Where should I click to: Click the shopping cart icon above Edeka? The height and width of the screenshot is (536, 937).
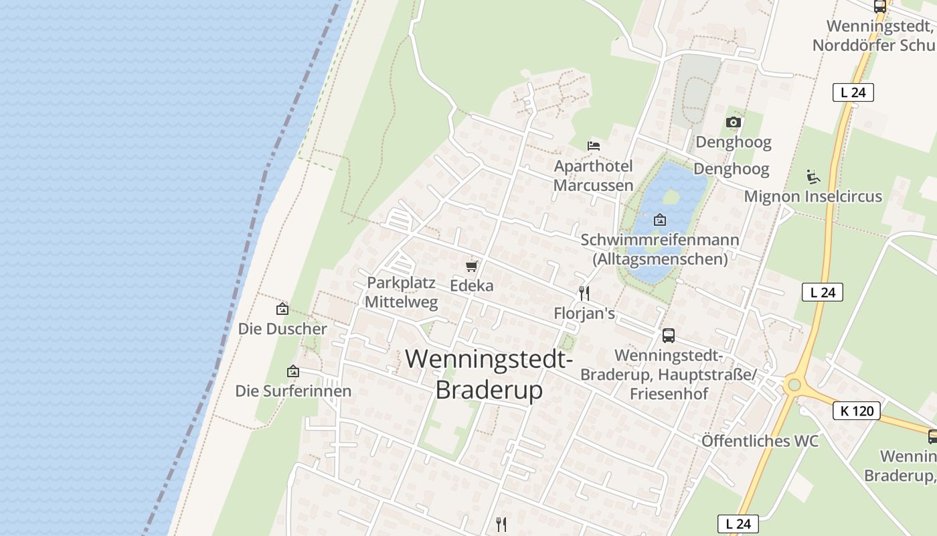click(x=472, y=266)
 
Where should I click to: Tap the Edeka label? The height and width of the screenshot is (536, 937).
click(x=472, y=285)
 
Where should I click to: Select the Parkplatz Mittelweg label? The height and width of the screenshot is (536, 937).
click(x=402, y=292)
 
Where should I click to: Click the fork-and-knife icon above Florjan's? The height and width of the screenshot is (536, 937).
click(x=584, y=293)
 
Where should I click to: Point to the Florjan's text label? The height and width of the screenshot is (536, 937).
click(x=584, y=314)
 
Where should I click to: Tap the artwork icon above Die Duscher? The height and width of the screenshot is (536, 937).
click(x=282, y=309)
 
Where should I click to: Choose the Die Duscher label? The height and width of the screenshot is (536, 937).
click(x=282, y=329)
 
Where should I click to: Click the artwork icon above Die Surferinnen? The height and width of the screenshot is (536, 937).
click(x=292, y=371)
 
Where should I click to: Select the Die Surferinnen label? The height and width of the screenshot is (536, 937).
click(x=293, y=391)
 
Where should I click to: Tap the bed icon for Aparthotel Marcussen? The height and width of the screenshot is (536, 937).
click(x=593, y=145)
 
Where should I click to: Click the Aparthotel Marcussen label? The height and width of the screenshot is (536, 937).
click(x=593, y=176)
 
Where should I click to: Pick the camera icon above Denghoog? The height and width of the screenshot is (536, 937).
click(x=734, y=122)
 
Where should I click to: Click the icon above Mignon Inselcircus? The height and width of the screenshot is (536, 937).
click(x=813, y=177)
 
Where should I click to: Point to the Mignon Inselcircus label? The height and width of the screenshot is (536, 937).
click(x=813, y=197)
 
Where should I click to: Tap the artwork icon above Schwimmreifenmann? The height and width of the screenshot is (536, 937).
click(x=660, y=219)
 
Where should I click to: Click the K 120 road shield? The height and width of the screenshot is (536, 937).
click(x=856, y=411)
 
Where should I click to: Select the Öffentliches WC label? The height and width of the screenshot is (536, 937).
click(x=760, y=441)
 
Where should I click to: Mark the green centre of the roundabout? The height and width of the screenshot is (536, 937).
click(x=794, y=385)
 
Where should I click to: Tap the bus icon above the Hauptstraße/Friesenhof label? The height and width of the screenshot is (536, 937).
click(x=668, y=336)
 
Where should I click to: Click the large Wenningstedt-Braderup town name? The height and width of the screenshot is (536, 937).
click(x=489, y=374)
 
